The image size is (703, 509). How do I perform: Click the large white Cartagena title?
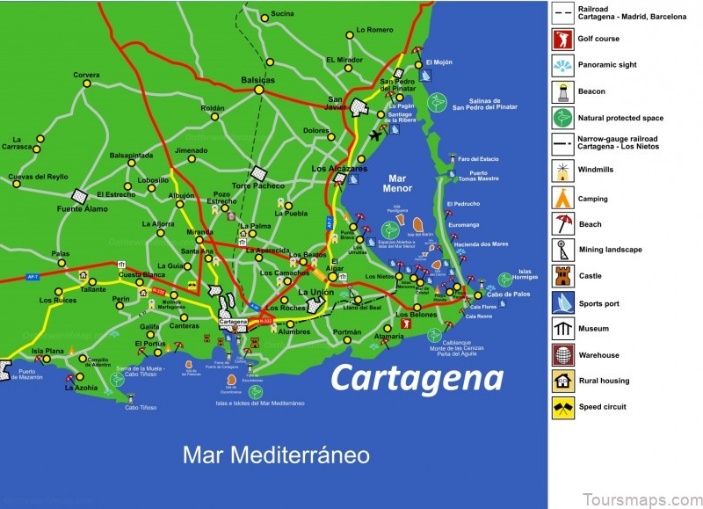coord(417,377)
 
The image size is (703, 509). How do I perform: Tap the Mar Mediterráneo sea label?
coord(276,454)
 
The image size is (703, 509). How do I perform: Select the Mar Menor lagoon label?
coord(396,183)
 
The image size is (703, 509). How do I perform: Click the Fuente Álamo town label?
coord(83,208)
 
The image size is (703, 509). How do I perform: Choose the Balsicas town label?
coord(257,80)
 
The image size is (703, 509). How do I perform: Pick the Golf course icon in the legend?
coord(562,39)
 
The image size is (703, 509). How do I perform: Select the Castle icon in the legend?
coord(562,276)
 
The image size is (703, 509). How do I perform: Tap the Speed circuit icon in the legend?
coord(562,408)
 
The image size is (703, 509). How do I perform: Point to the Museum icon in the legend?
coord(562,329)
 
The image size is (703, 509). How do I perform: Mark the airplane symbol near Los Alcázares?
coord(378,135)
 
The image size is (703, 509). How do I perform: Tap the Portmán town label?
coord(347,331)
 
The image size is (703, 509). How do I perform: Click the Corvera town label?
coord(86,75)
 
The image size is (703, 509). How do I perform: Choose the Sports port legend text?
coord(600,302)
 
